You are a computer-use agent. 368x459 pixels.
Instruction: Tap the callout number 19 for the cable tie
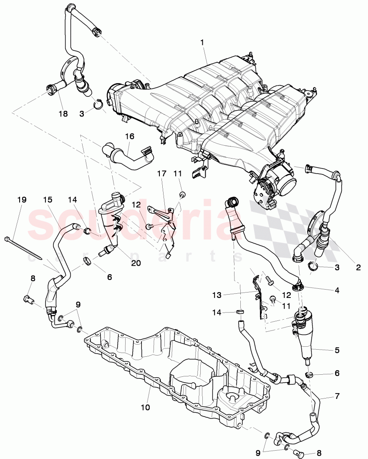(22, 200)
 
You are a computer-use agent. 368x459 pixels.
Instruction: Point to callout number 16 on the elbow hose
(130, 136)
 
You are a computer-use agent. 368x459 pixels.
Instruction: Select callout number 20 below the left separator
(136, 263)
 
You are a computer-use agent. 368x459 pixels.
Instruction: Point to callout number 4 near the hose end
(336, 289)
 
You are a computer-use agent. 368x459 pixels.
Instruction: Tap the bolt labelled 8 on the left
(27, 299)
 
